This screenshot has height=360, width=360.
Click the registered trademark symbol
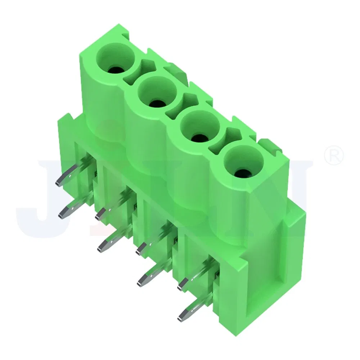tap(334, 155)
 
